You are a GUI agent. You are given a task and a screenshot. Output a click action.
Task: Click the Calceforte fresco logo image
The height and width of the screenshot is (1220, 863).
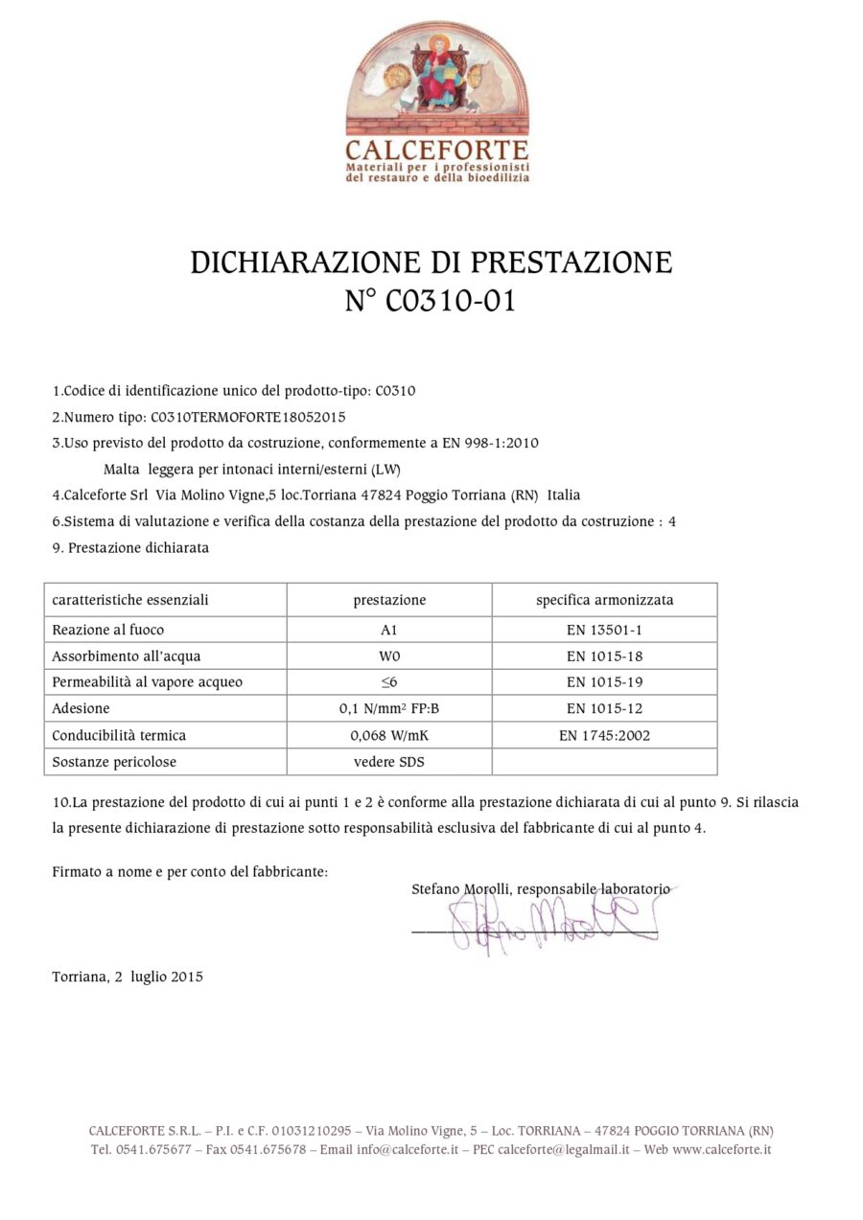point(436,81)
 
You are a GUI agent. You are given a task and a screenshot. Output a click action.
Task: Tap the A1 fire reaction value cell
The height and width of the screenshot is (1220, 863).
point(389,630)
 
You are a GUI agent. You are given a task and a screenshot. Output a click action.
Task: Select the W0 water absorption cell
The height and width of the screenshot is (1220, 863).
point(389,656)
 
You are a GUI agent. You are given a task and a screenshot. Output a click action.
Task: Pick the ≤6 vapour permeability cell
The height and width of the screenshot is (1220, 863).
point(389,682)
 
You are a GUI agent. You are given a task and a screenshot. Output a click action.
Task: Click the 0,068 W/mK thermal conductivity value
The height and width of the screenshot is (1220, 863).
point(389,735)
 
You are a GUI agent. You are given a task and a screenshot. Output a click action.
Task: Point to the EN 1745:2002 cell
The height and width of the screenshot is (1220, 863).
point(604,735)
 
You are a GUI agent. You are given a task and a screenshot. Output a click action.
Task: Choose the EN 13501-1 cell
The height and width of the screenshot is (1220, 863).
point(604,630)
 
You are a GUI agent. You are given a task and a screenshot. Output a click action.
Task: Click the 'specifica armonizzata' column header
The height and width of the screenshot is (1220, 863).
point(604,600)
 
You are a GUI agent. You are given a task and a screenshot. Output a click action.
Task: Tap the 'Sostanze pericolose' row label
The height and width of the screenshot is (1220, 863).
point(114,762)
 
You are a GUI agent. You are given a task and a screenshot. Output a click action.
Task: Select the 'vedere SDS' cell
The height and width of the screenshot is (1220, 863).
point(389,762)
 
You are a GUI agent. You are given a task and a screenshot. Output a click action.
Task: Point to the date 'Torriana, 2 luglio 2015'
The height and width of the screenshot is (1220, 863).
point(128,977)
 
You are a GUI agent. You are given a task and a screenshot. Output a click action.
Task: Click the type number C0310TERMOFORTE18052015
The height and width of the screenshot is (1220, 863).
point(248,417)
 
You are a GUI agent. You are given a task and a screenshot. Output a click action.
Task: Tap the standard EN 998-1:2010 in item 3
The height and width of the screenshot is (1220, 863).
point(492,443)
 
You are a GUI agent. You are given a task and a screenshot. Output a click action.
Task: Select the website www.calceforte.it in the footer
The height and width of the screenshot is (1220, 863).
point(721,1150)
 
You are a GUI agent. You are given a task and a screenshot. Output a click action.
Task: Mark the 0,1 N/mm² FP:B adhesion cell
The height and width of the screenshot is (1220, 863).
point(389,709)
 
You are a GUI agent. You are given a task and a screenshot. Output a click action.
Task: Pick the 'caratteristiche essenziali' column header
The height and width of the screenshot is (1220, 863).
point(130,600)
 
